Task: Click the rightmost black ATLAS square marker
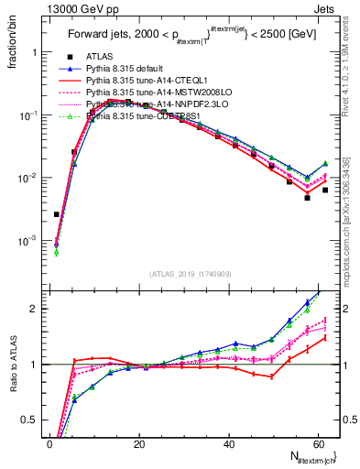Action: click(325, 191)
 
